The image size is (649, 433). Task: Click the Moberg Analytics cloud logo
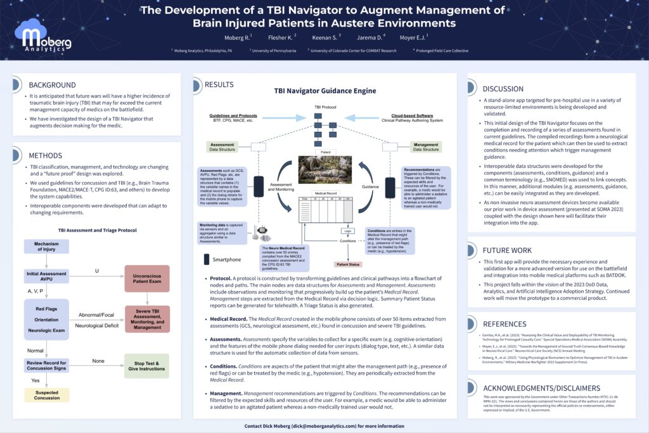click(46, 36)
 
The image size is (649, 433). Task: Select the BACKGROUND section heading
click(52, 85)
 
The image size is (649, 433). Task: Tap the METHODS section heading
click(45, 155)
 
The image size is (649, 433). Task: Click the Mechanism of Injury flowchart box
click(46, 247)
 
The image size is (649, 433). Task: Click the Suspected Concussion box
click(46, 394)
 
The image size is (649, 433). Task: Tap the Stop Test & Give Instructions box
click(146, 366)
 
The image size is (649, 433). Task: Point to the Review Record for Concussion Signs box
click(46, 366)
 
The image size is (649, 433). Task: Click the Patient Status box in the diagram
click(347, 264)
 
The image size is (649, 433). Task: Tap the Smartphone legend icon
click(207, 259)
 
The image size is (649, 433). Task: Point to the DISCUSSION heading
click(503, 89)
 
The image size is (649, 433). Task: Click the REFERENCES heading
click(504, 324)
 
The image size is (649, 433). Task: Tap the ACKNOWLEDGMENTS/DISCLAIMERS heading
click(541, 388)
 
